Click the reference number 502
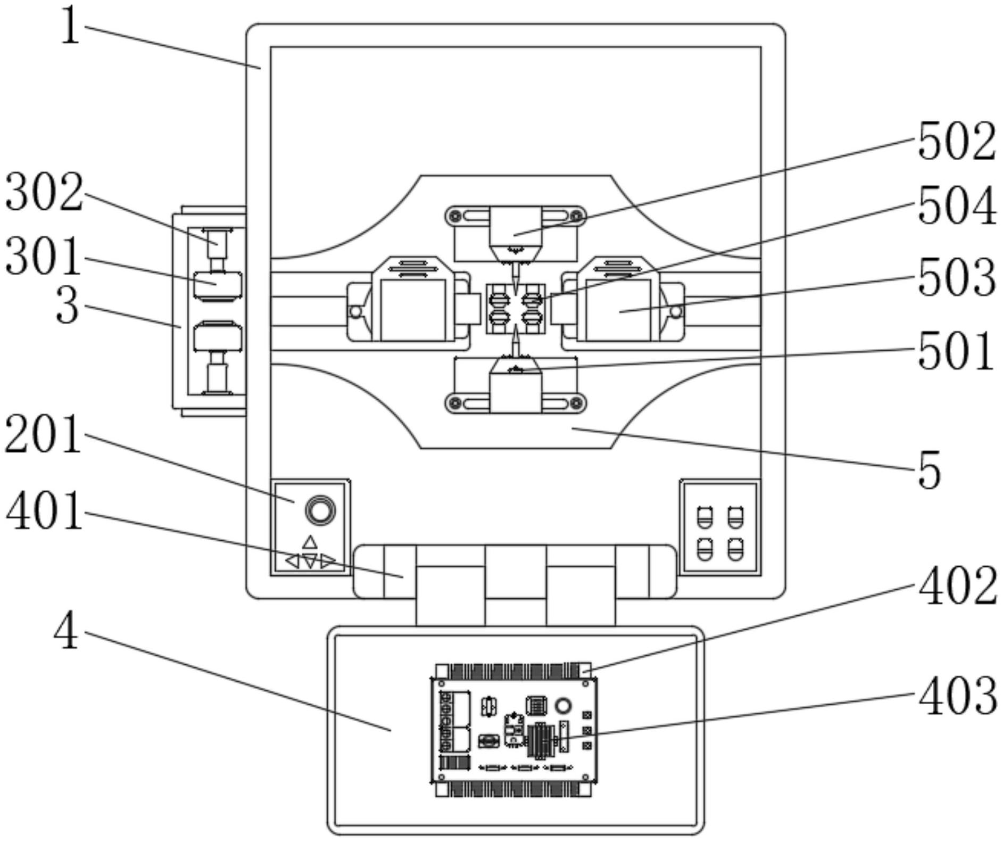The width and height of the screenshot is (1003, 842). click(x=956, y=141)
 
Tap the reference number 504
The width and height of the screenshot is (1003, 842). click(x=956, y=206)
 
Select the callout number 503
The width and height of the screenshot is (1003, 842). click(x=956, y=277)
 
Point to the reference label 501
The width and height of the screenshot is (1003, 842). click(x=955, y=351)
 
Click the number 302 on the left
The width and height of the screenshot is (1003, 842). click(x=44, y=193)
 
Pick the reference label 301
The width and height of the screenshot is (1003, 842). click(x=43, y=257)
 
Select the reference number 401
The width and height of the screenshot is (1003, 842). click(x=44, y=510)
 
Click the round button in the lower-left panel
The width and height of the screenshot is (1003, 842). click(x=320, y=510)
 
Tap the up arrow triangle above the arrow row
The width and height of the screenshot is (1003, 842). click(x=310, y=542)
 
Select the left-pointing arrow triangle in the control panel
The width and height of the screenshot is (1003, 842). click(x=292, y=561)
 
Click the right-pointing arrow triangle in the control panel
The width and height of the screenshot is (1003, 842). click(x=328, y=561)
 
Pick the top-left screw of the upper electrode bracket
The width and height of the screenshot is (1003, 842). click(x=455, y=216)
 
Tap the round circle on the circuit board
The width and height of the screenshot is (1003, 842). click(x=562, y=706)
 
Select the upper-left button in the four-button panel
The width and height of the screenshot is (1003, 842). click(x=704, y=517)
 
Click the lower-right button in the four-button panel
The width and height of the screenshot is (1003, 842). click(x=735, y=549)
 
